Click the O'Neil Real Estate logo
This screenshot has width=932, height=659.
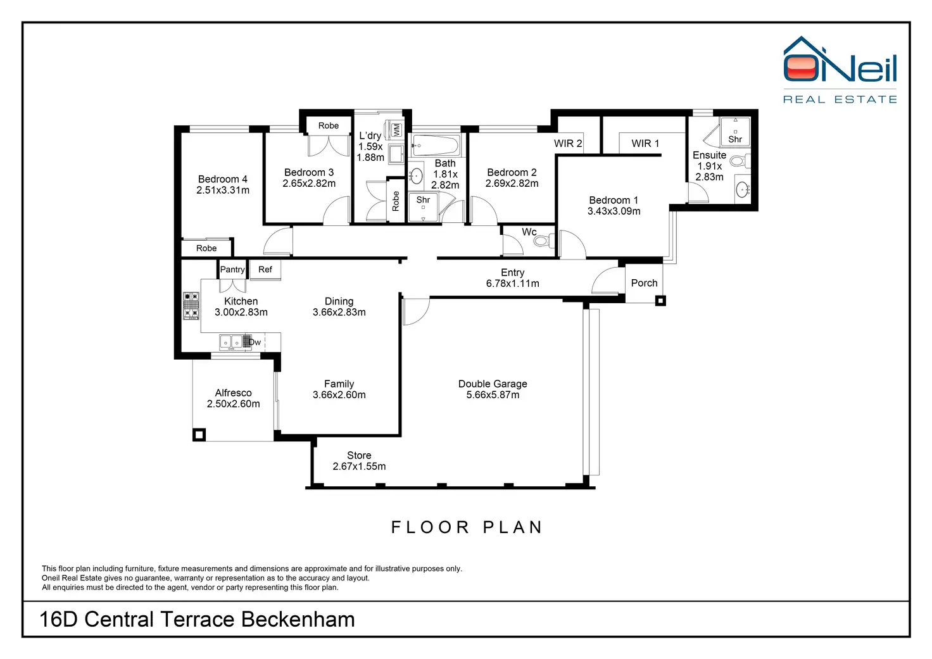(840, 69)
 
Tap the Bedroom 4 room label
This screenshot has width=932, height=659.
(223, 179)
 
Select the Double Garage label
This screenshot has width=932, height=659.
(493, 384)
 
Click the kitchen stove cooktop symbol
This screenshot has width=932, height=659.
(191, 306)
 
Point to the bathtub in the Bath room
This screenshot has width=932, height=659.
(436, 146)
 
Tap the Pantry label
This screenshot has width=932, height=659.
(232, 270)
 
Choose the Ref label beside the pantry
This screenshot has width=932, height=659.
(265, 270)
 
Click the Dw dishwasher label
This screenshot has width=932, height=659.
(255, 342)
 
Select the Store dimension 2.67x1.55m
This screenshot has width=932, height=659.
(359, 467)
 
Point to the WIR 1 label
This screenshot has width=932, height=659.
(645, 144)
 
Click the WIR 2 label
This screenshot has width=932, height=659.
(568, 144)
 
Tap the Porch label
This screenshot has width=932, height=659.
(644, 283)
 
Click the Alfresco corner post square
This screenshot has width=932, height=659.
(199, 435)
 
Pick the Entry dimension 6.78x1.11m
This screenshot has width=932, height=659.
(513, 284)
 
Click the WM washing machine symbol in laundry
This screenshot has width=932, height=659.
(396, 130)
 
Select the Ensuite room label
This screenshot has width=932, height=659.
(709, 155)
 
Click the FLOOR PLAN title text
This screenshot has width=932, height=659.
(467, 527)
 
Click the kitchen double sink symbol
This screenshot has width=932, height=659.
(230, 342)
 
